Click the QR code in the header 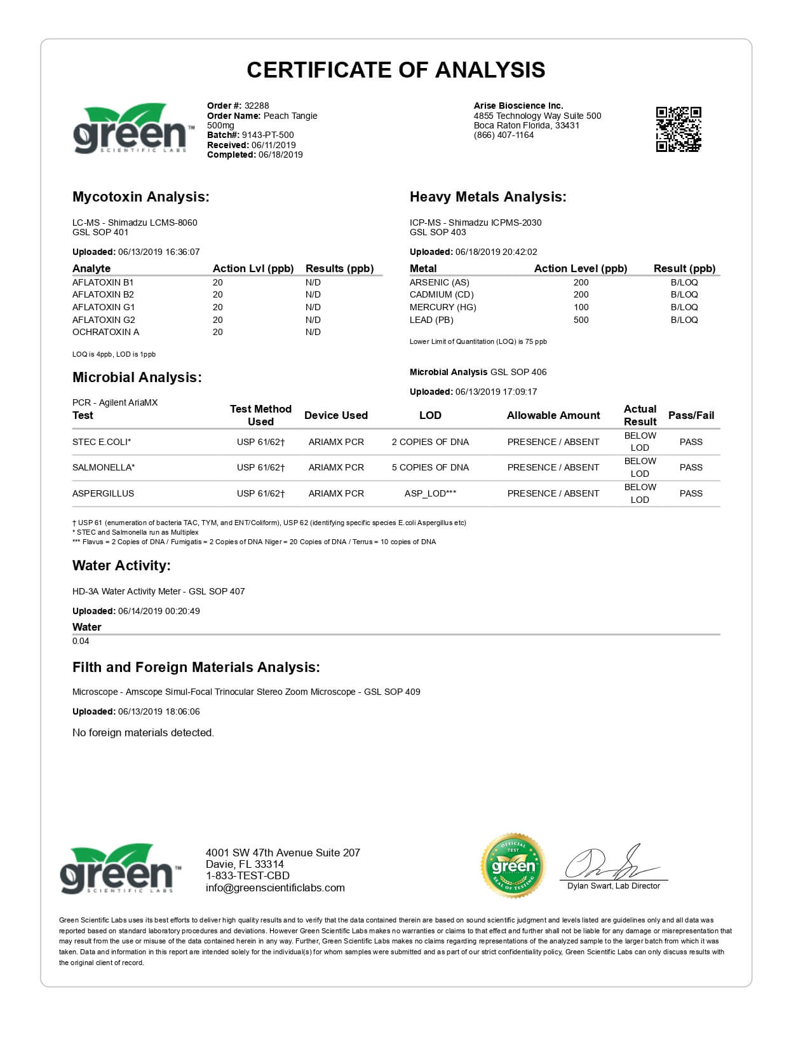678,130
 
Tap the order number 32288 257,106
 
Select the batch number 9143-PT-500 267,135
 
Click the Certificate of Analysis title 396,70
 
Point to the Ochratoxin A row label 105,332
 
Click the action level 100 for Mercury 581,307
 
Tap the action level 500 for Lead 581,320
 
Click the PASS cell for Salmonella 691,467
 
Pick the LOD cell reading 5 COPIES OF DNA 430,467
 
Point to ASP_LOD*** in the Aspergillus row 430,493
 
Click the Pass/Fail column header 691,415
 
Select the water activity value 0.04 81,641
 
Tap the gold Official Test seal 513,865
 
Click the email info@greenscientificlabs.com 275,888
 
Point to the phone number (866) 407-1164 504,135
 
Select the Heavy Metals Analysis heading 487,197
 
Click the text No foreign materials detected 143,732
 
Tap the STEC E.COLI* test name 102,442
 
